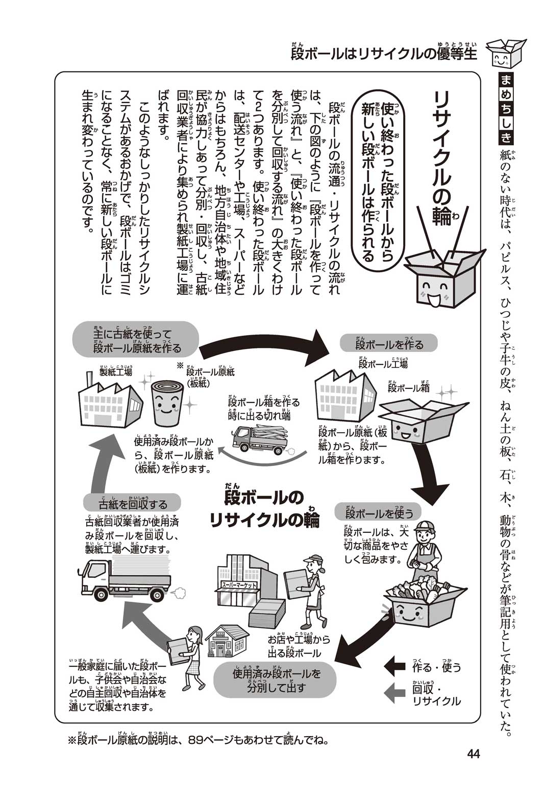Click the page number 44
point(473,754)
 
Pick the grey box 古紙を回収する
point(132,504)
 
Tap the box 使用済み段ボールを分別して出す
point(276,681)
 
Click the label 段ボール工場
point(383,364)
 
